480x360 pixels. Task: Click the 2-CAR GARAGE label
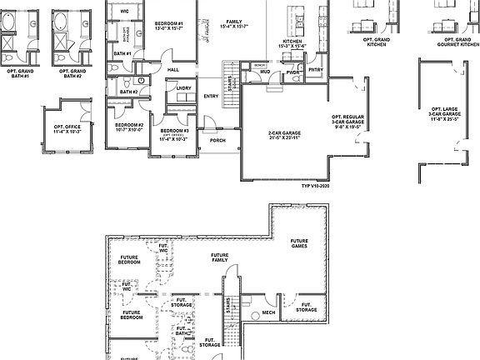point(284,135)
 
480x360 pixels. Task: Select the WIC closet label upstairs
point(124,11)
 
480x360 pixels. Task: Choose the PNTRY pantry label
point(315,70)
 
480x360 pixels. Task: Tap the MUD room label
point(264,72)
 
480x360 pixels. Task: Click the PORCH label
point(217,140)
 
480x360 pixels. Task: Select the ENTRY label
point(211,96)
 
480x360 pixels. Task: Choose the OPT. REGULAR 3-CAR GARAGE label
point(348,122)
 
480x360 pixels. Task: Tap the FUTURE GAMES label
point(301,242)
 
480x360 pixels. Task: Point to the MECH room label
point(269,313)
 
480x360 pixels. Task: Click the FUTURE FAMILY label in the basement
point(220,257)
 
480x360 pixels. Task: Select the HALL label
point(174,70)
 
